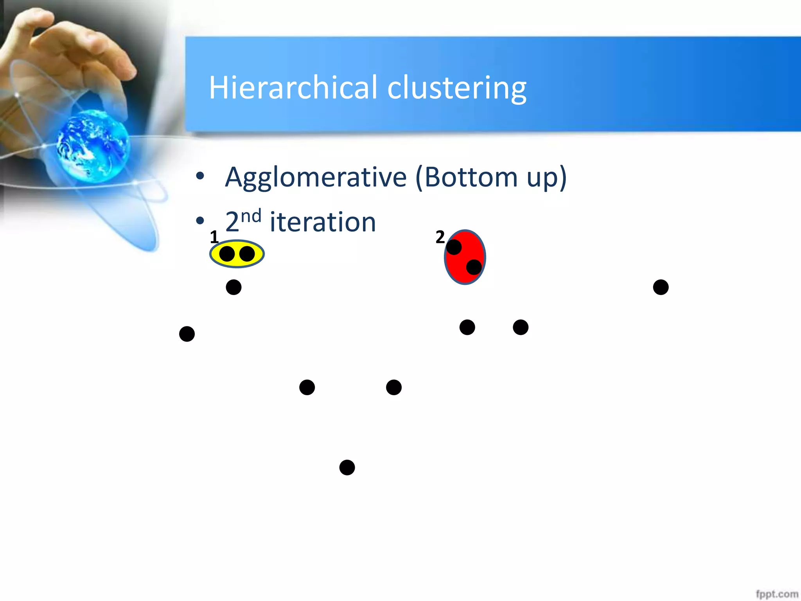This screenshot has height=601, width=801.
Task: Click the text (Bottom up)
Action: click(x=491, y=178)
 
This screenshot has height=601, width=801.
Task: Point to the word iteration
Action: click(x=323, y=222)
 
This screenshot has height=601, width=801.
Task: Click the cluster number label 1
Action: click(x=214, y=237)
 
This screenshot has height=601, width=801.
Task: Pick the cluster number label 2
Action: click(x=440, y=237)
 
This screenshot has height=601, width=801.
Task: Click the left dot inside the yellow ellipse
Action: click(x=227, y=254)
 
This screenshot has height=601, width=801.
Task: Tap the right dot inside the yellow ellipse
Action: click(x=247, y=254)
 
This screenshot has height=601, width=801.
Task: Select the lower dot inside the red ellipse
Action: click(x=474, y=267)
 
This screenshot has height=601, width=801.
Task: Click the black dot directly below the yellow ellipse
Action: click(x=233, y=287)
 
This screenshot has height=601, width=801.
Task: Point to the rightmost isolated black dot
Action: click(x=661, y=287)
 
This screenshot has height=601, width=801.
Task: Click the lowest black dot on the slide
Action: click(x=347, y=467)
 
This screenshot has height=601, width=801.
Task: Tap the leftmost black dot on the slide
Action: click(x=187, y=334)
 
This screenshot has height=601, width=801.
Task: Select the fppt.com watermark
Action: click(x=777, y=594)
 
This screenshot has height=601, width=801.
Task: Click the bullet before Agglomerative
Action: click(x=200, y=176)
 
